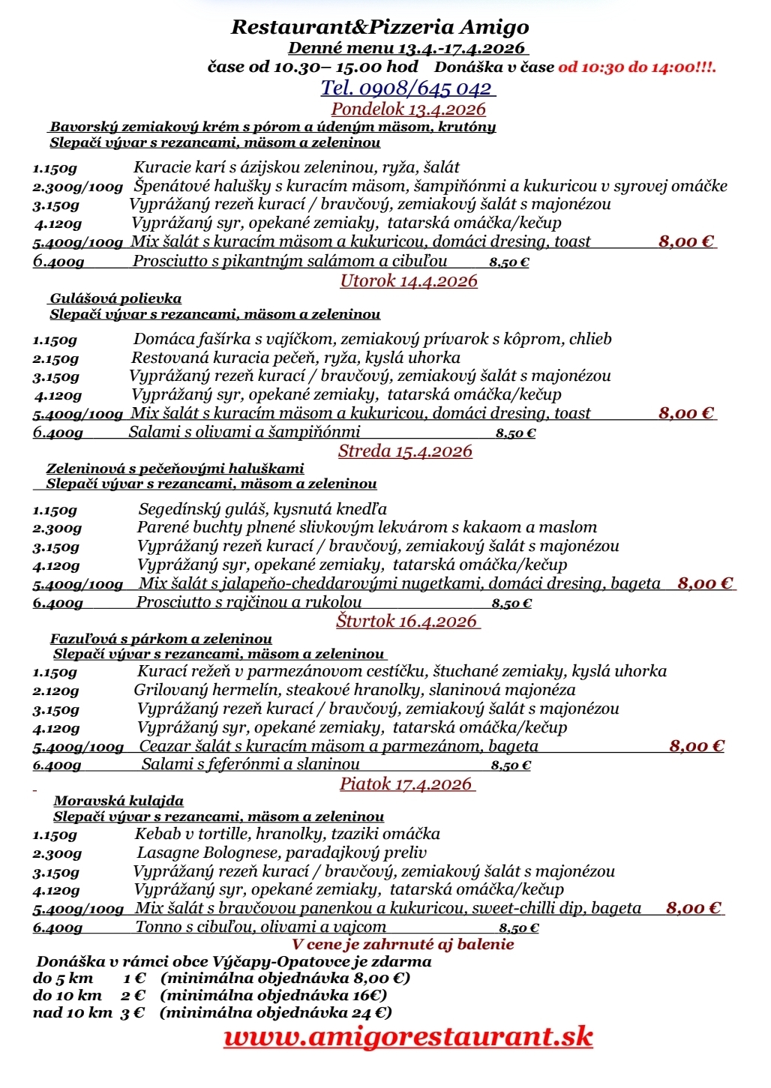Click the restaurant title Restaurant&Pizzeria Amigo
379,28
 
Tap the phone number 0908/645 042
407,88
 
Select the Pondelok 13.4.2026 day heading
408,109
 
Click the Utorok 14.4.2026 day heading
409,281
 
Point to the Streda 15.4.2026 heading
405,451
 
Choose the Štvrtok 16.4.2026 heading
406,621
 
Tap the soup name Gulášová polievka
115,298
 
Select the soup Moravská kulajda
118,801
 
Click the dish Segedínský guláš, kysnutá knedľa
262,510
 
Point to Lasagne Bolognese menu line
281,853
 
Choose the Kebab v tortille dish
287,834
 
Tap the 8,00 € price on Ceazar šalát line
696,746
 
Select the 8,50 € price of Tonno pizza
519,928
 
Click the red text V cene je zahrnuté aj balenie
403,944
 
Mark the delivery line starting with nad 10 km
212,1013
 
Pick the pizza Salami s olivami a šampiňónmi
244,432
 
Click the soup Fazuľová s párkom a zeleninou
160,639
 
